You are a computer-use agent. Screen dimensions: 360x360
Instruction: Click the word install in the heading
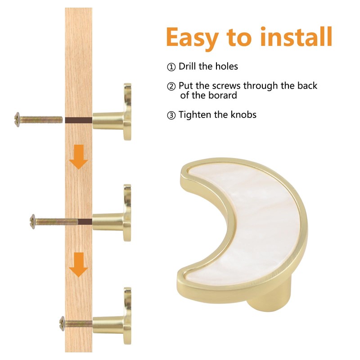[297, 36]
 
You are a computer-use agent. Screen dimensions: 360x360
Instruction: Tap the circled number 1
[171, 67]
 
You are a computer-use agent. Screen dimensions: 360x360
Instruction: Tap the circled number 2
[171, 86]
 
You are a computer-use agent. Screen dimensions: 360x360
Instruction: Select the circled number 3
[171, 115]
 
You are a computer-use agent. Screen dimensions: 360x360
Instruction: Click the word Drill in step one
[187, 66]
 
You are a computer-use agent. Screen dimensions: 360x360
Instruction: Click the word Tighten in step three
[195, 115]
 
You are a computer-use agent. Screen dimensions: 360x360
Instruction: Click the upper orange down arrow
[78, 157]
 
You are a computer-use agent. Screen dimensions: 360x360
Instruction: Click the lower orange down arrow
[78, 265]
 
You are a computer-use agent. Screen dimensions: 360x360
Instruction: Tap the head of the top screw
[17, 119]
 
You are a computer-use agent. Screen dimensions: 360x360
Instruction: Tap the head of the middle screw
[32, 221]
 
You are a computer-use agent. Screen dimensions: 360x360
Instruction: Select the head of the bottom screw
[62, 324]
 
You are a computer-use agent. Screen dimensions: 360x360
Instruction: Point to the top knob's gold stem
[108, 120]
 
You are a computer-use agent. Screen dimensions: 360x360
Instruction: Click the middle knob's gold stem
[108, 221]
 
